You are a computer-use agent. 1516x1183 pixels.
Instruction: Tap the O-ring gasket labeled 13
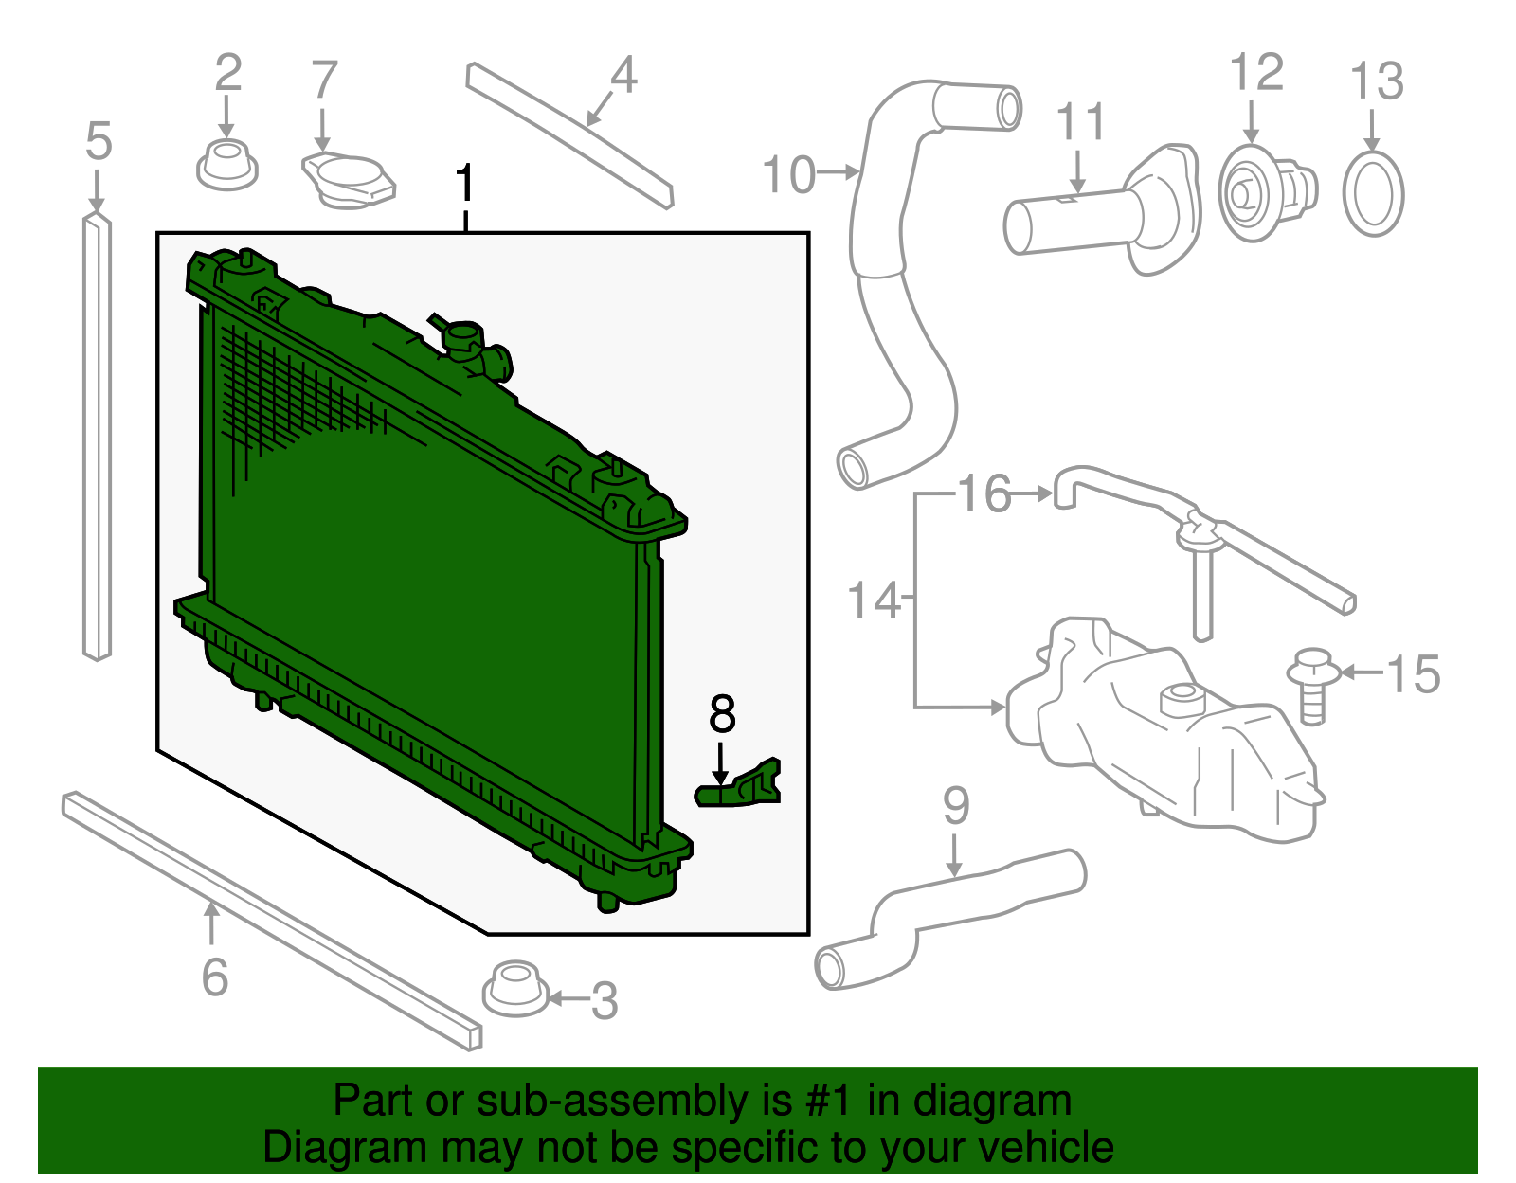(1373, 193)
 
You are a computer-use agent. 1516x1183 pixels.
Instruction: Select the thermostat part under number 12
(1265, 193)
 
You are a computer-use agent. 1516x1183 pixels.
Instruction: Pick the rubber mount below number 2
(226, 166)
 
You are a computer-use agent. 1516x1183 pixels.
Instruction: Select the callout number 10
(788, 175)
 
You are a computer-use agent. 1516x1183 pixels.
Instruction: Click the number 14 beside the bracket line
(873, 601)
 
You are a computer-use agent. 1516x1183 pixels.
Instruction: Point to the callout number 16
(984, 494)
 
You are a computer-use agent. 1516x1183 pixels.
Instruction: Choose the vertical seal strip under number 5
(98, 436)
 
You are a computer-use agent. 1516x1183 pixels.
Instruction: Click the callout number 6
(215, 977)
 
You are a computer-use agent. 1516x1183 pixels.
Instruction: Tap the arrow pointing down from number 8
(721, 763)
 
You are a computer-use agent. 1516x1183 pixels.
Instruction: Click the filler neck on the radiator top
(464, 337)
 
